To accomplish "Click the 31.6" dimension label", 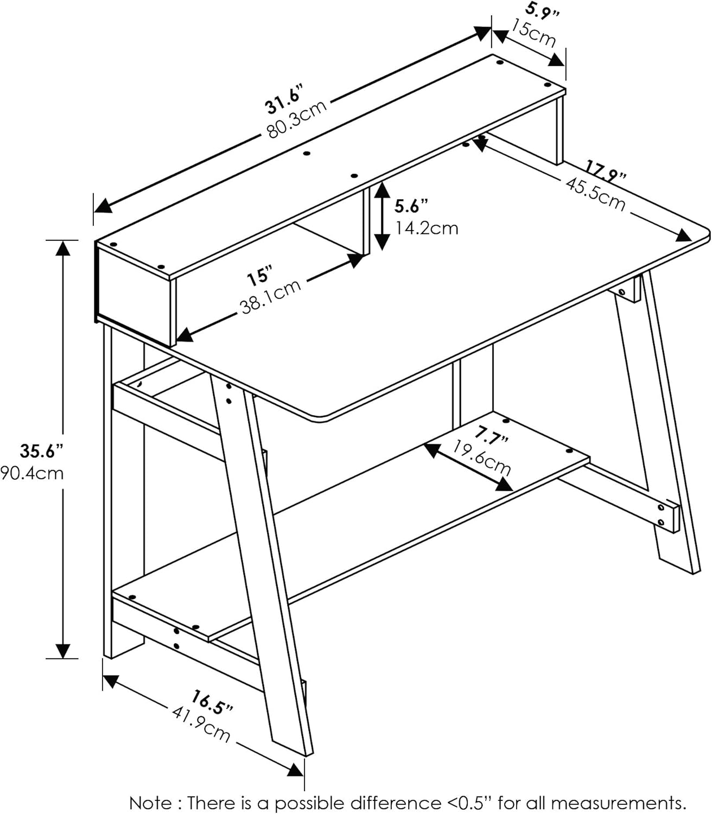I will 283,100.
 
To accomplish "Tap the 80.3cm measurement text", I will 297,119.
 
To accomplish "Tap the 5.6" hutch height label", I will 411,206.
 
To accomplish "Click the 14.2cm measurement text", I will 426,228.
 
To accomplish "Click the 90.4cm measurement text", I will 33,473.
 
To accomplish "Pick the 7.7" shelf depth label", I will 491,434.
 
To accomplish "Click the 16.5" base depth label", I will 212,702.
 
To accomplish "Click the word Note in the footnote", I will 150,802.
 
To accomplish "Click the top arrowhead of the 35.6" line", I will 63,247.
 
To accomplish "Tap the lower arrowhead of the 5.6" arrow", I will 383,243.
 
